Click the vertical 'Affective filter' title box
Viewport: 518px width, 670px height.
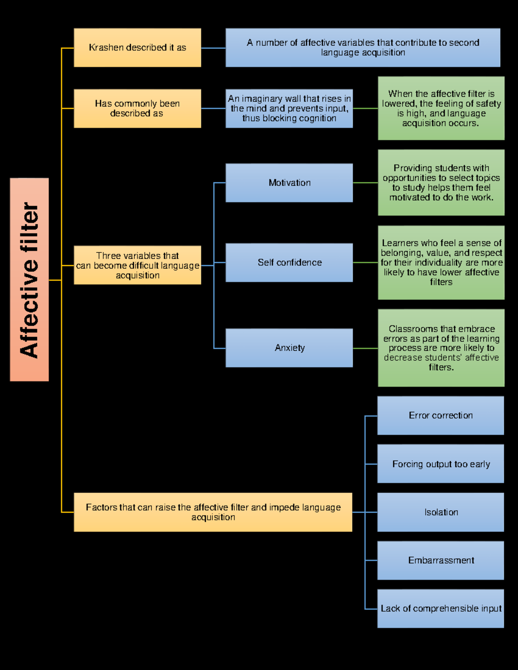[29, 280]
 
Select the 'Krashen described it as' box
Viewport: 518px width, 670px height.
[137, 48]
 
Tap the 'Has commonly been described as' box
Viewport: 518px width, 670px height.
[137, 108]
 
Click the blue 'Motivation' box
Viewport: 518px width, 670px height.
[289, 183]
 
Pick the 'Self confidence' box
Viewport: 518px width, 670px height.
[289, 262]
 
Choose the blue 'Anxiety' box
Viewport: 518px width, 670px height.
[289, 348]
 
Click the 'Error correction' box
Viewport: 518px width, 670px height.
[441, 415]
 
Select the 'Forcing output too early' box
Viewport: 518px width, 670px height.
[441, 464]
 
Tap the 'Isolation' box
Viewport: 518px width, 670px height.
[441, 512]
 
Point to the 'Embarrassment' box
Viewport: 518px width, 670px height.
[441, 560]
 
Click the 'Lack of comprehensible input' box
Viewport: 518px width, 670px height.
[441, 608]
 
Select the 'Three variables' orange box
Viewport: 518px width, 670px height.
[137, 265]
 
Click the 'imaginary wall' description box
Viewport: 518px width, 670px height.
[289, 108]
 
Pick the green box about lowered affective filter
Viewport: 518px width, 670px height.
[441, 108]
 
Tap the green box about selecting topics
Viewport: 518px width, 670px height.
[441, 182]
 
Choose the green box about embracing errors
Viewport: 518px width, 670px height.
[441, 348]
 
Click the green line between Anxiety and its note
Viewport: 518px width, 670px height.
[365, 348]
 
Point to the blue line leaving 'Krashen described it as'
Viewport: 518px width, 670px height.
[213, 48]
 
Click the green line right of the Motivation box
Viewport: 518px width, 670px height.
[365, 183]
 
